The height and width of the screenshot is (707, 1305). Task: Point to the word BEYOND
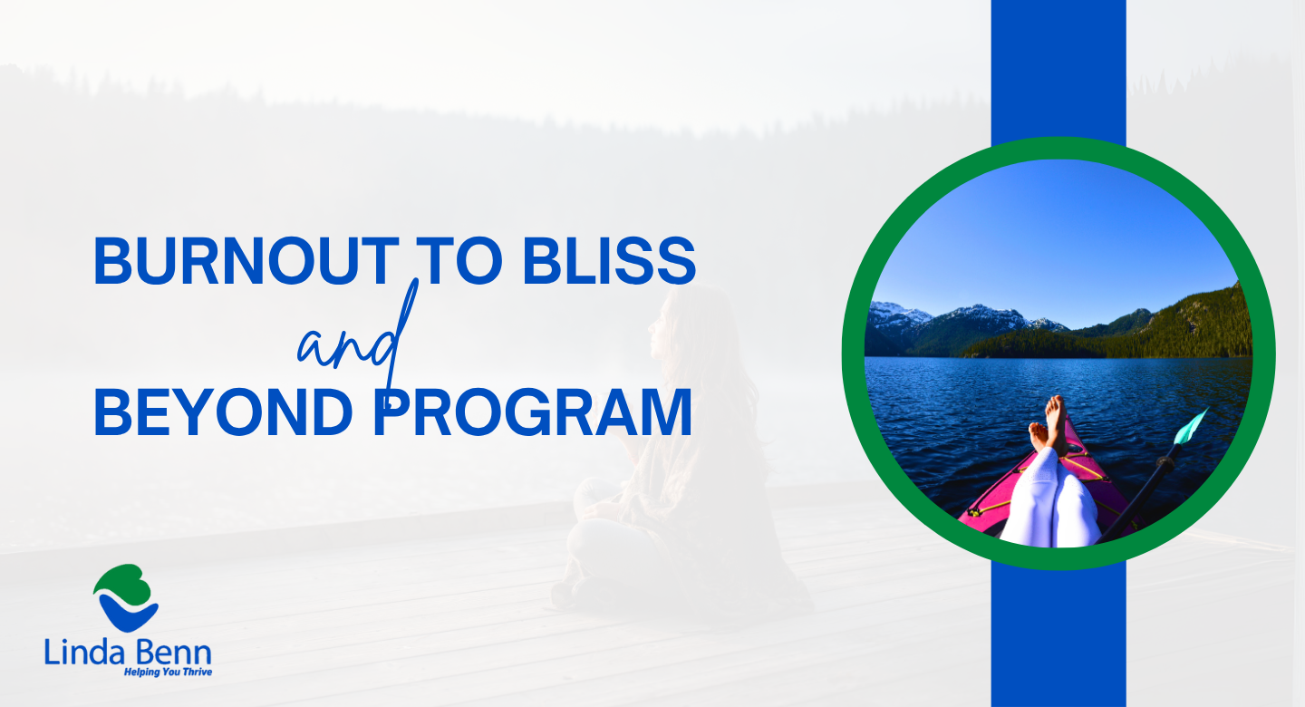coord(223,412)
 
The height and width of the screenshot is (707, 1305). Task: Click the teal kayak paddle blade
coord(1190,427)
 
